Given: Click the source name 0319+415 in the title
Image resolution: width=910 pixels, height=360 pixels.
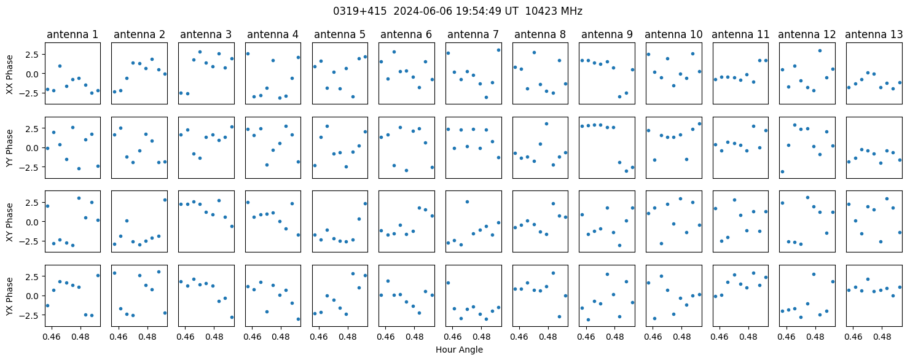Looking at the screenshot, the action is click(360, 11).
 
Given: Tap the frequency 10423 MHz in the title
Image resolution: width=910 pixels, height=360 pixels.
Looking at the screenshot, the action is click(554, 11).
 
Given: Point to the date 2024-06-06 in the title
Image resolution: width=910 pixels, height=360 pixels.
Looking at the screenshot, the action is click(423, 11).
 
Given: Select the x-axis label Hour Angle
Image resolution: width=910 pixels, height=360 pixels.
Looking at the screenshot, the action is click(459, 350).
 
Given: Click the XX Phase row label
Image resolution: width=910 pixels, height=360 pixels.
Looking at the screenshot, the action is click(9, 75).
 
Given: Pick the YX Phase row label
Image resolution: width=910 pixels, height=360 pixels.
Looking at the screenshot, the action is click(9, 297).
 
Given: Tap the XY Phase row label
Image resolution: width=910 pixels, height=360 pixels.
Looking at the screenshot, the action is click(9, 222).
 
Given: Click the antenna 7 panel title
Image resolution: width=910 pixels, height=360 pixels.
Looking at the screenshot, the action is click(473, 35).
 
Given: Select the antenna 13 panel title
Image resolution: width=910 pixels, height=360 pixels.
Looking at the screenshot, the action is click(874, 35).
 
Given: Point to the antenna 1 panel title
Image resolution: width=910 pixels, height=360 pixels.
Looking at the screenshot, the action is click(73, 35).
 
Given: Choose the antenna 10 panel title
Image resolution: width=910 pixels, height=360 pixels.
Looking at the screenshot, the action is click(673, 35).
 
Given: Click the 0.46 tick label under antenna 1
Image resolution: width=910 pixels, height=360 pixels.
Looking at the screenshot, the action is click(52, 337).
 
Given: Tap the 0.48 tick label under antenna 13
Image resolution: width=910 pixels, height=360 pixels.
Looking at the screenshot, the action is click(882, 337).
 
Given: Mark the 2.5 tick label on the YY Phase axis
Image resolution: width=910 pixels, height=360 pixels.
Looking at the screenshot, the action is click(34, 129).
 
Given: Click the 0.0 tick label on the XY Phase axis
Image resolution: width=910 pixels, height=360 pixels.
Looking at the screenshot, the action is click(34, 222).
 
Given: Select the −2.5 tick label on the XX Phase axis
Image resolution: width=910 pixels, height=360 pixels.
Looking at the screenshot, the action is click(32, 93).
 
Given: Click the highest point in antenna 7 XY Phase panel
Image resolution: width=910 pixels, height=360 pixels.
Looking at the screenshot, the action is click(467, 202).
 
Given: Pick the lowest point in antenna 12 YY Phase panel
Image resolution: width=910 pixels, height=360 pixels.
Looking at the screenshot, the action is click(782, 171).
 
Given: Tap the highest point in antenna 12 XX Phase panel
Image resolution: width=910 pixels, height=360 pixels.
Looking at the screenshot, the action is click(820, 51).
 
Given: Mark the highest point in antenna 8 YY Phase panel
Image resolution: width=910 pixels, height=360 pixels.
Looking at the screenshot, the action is click(546, 124).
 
